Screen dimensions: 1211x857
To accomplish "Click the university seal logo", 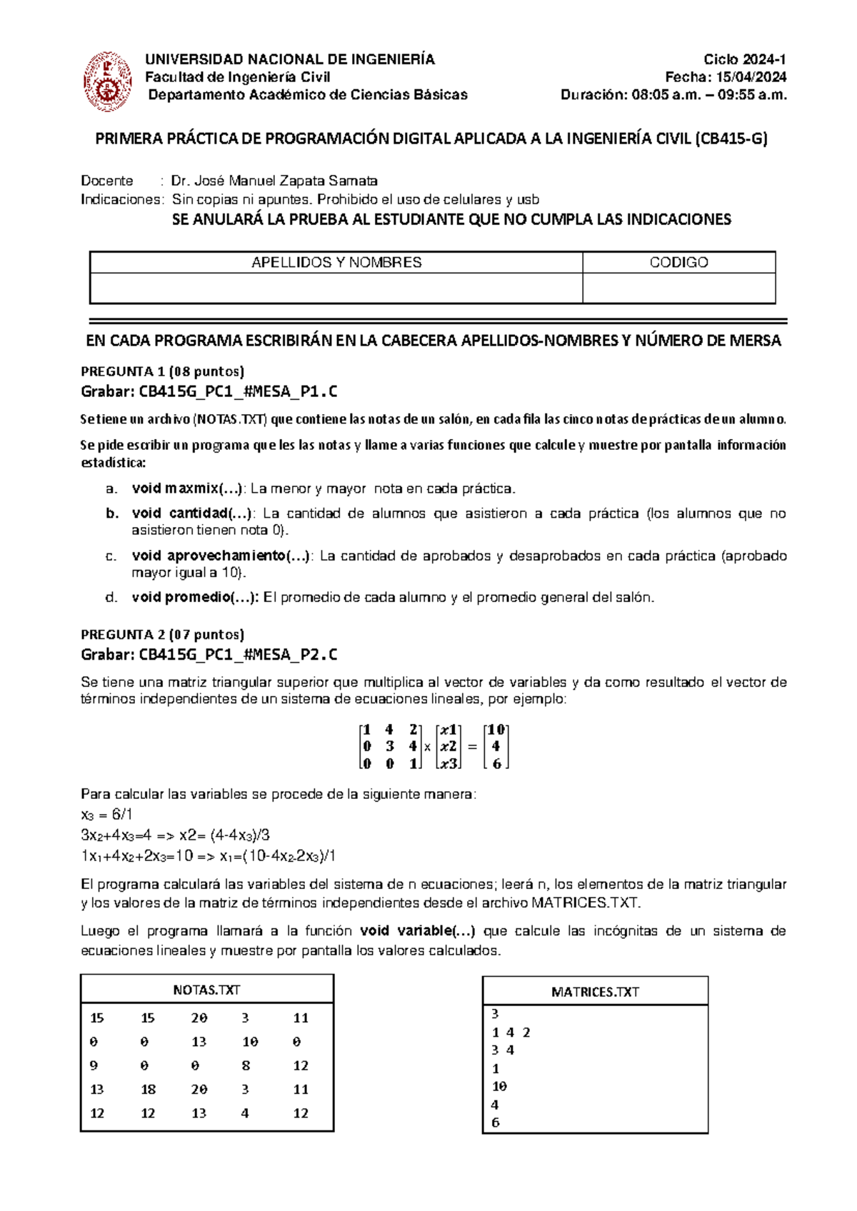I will point(108,81).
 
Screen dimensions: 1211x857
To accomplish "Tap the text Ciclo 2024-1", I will point(744,59).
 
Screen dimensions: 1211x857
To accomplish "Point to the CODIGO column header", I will point(678,262).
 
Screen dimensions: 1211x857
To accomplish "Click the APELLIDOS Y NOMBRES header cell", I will point(336,262).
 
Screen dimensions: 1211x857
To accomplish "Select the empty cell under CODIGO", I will point(678,288).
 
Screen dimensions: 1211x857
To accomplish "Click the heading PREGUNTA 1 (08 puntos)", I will point(163,371).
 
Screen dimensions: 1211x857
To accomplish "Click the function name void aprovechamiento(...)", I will point(221,556).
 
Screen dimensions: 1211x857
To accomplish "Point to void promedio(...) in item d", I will point(195,597).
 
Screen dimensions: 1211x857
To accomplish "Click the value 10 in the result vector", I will point(496,730).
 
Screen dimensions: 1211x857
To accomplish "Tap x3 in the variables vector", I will point(448,763).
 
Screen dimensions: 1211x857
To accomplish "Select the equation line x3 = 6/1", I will point(107,815).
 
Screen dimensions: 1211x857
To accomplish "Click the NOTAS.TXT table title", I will point(206,990).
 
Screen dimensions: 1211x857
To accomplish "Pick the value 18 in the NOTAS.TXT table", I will point(148,1089).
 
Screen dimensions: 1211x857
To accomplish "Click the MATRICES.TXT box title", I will point(595,992).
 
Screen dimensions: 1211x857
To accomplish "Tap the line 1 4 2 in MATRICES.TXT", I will point(511,1032).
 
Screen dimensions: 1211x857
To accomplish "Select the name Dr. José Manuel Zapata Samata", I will point(274,181).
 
